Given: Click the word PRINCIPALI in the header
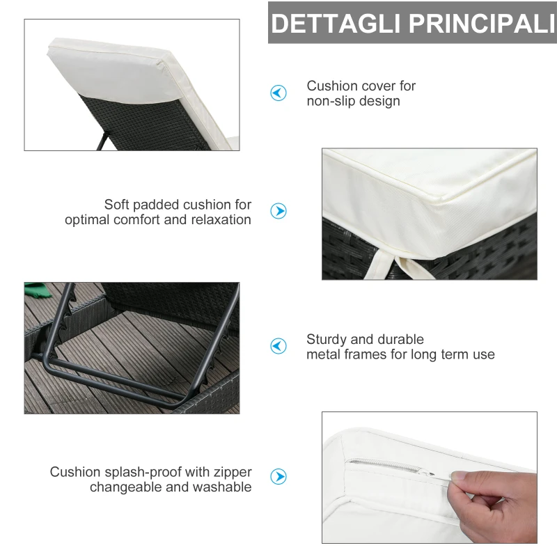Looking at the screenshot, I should coord(481,23).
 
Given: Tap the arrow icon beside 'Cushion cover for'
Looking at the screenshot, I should coord(278,93).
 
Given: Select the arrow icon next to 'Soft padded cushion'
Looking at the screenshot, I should coord(278,212).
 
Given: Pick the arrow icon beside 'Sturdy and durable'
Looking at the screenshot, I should coord(278,346).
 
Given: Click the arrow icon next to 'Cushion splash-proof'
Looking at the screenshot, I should coord(278,476).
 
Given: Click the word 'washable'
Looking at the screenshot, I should coord(222,487).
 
